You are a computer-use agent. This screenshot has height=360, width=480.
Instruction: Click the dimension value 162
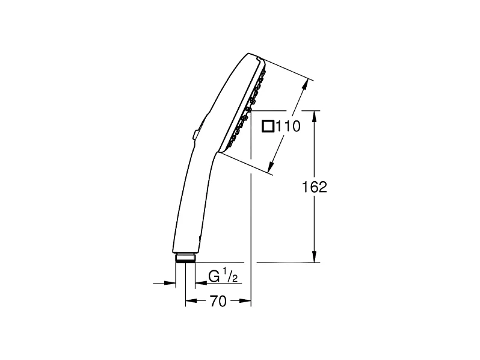pos(314,187)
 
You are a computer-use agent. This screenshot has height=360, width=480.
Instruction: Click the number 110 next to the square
pos(288,126)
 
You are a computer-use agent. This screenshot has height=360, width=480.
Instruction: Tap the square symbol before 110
pos(268,126)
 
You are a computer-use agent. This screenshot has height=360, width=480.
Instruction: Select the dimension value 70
pos(218,302)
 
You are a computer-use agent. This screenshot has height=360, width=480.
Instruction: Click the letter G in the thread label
pos(214,276)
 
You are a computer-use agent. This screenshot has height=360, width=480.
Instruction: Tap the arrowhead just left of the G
pos(199,282)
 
